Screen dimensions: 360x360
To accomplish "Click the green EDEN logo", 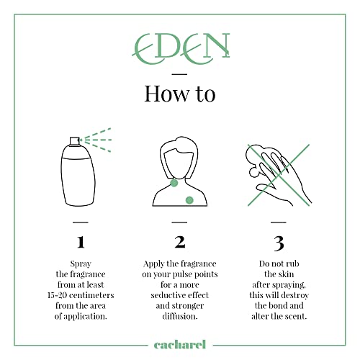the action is (x=181, y=48).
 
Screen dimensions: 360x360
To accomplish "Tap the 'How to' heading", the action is (x=180, y=94).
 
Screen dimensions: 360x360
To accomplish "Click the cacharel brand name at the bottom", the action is (x=180, y=345).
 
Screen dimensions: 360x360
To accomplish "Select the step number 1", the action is (x=81, y=242).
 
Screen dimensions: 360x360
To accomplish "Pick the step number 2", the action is (x=180, y=242).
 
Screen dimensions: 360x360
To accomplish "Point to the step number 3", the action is (x=279, y=243).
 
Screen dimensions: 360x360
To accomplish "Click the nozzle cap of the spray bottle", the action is (x=74, y=141).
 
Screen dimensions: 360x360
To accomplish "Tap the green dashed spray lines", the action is (x=96, y=140).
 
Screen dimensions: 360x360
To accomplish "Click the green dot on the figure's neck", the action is (x=174, y=183).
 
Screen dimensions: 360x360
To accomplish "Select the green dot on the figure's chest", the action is (x=189, y=200).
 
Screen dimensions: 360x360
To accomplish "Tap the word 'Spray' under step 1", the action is (x=81, y=264).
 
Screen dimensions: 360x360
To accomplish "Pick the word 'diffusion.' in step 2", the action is (x=180, y=316).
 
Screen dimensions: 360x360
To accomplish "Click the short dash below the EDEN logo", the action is (x=179, y=74).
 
